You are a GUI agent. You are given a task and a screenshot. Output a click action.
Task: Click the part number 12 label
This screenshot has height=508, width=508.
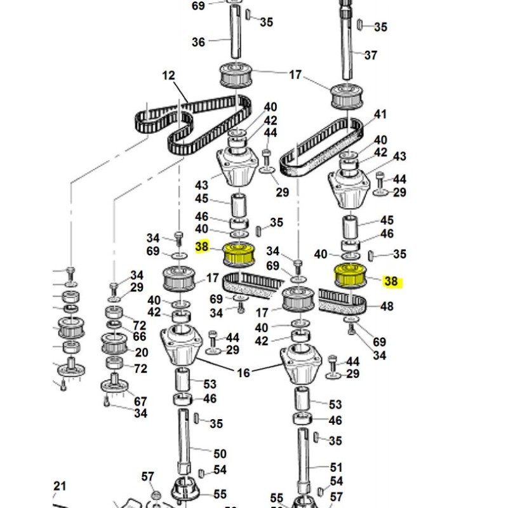coord(168,76)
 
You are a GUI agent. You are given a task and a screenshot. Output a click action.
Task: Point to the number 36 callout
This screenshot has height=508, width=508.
coord(198,42)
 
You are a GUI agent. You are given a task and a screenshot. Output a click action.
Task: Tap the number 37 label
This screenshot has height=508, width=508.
coord(371,55)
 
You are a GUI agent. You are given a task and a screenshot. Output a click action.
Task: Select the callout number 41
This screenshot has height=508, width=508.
coord(380,114)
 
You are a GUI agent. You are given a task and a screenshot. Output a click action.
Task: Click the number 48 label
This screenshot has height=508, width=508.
coord(386,306)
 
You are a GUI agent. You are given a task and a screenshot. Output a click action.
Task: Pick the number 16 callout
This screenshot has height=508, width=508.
coord(243,373)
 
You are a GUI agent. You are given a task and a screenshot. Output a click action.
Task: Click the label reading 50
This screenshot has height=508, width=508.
coord(220,453)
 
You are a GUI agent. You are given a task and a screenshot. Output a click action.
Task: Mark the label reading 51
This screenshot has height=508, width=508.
coord(336,467)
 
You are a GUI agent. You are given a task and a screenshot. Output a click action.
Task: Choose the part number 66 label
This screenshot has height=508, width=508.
coord(139,337)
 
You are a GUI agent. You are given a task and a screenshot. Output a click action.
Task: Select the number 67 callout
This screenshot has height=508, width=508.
coord(140,401)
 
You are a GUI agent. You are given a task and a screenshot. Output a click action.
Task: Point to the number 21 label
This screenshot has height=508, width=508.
coord(59,486)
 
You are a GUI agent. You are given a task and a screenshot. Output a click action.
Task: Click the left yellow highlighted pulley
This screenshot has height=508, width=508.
coord(239,255)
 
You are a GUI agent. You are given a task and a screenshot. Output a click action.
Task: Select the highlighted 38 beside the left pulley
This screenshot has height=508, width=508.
coord(202,246)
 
